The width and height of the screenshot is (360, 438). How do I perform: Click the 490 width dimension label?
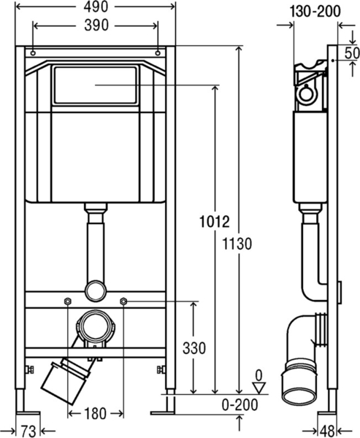pos(96,7)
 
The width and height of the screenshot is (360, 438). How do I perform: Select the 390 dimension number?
pos(96,26)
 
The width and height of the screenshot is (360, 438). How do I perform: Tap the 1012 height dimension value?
pos(215,222)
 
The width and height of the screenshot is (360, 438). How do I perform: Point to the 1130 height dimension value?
pos(237,244)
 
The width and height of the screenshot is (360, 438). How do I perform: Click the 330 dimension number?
pos(194,348)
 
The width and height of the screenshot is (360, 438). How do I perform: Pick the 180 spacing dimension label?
pos(95,414)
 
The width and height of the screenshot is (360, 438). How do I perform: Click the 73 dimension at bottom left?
pos(28,431)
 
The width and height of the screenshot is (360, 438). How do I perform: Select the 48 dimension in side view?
pos(327,431)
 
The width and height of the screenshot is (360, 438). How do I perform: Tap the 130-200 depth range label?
pos(315,12)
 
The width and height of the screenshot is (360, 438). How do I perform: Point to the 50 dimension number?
pos(352,53)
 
